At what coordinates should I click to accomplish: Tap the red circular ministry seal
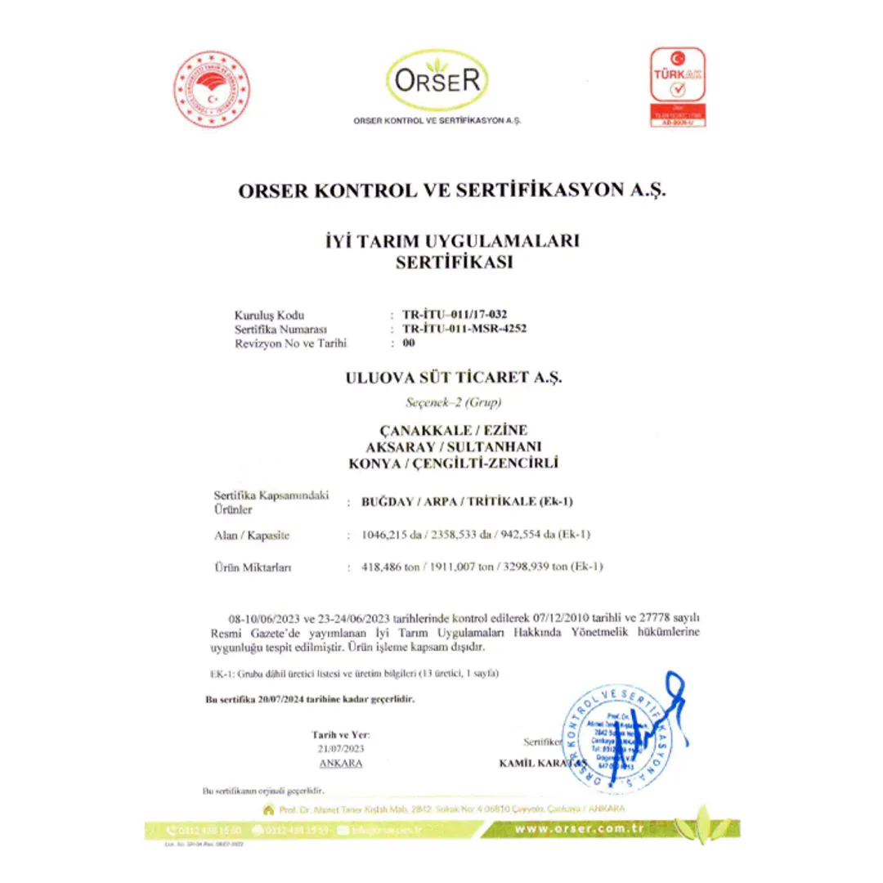(x=210, y=88)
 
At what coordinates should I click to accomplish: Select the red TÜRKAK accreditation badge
(x=676, y=87)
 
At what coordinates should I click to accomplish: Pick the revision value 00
(x=409, y=343)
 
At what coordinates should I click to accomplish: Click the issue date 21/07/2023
(x=341, y=748)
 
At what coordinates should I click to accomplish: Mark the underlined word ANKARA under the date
(x=341, y=763)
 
